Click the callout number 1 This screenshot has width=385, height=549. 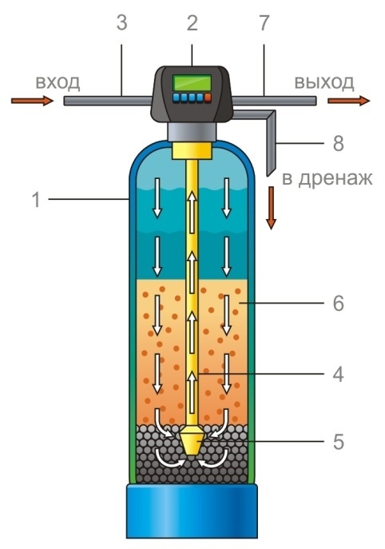(36, 200)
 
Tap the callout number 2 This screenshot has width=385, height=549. (192, 23)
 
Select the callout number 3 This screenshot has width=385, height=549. (121, 23)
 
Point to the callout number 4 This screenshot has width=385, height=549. (338, 374)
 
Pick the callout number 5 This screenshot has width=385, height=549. (339, 442)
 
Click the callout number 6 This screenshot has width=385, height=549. (339, 303)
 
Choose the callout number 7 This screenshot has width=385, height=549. (264, 23)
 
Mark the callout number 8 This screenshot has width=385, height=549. (339, 144)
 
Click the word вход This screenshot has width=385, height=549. (58, 83)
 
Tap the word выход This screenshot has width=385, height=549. (324, 83)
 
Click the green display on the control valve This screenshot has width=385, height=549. (192, 83)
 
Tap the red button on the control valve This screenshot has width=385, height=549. (208, 97)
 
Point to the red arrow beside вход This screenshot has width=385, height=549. (32, 101)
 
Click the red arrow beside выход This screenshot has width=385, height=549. (348, 101)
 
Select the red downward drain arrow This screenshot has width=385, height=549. (271, 208)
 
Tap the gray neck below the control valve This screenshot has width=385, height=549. (192, 132)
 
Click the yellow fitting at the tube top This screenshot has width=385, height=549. (192, 150)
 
